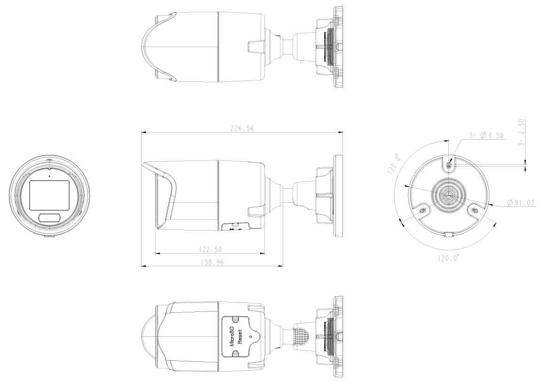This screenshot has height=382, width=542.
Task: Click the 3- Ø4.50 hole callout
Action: [486, 135]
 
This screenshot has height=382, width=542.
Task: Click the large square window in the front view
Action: [49, 194]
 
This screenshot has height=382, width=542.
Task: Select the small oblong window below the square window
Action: [49, 217]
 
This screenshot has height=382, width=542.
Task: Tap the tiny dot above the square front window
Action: [49, 176]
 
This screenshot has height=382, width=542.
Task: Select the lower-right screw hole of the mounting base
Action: [475, 210]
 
